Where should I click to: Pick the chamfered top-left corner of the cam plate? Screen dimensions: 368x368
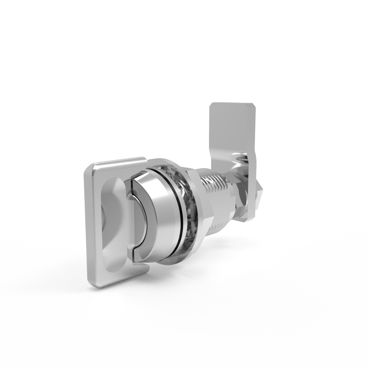click(x=212, y=107)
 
